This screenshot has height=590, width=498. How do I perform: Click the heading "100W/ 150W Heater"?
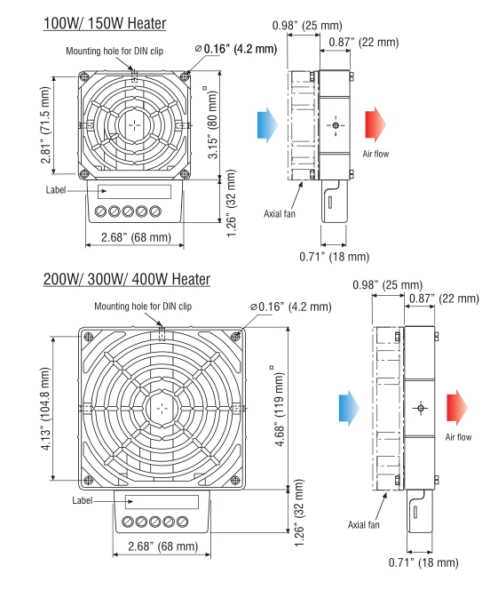click(105, 22)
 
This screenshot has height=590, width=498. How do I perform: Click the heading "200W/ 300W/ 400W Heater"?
click(127, 279)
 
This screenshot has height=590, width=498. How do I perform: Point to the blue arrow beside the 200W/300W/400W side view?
click(348, 408)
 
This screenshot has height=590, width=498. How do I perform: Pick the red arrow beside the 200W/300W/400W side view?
click(458, 407)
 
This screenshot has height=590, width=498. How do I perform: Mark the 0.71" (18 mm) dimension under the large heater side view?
click(424, 562)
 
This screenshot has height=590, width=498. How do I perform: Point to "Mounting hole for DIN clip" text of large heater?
click(151, 307)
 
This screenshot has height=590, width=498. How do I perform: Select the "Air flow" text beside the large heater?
click(458, 437)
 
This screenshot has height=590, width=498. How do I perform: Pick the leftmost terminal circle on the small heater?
click(100, 211)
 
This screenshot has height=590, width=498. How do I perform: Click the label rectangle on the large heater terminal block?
click(161, 502)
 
